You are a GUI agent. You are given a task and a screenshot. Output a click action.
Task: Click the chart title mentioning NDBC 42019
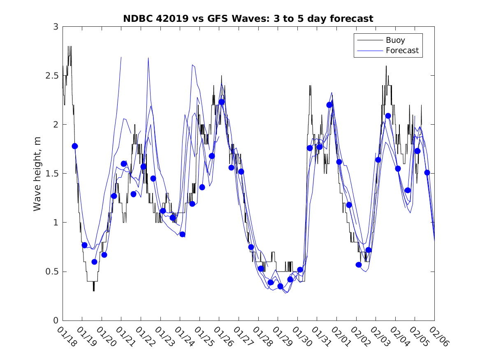click(248, 19)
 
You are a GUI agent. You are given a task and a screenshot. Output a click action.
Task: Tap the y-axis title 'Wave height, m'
click(37, 174)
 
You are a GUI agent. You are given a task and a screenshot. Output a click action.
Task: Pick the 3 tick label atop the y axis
click(55, 27)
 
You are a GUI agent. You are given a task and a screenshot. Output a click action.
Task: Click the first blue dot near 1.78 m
click(74, 146)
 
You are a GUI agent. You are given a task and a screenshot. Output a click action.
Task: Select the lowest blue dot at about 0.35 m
click(281, 286)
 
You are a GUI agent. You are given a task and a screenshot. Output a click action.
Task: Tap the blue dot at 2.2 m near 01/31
click(329, 105)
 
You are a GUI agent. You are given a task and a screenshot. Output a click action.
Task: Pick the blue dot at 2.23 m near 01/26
click(222, 102)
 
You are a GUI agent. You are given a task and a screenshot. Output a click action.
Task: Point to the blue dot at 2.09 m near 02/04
click(388, 116)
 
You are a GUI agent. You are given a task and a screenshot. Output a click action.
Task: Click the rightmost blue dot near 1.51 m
click(427, 173)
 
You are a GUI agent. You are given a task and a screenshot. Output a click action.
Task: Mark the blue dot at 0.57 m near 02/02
click(359, 265)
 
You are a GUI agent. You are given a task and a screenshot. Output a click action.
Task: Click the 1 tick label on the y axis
click(55, 223)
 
